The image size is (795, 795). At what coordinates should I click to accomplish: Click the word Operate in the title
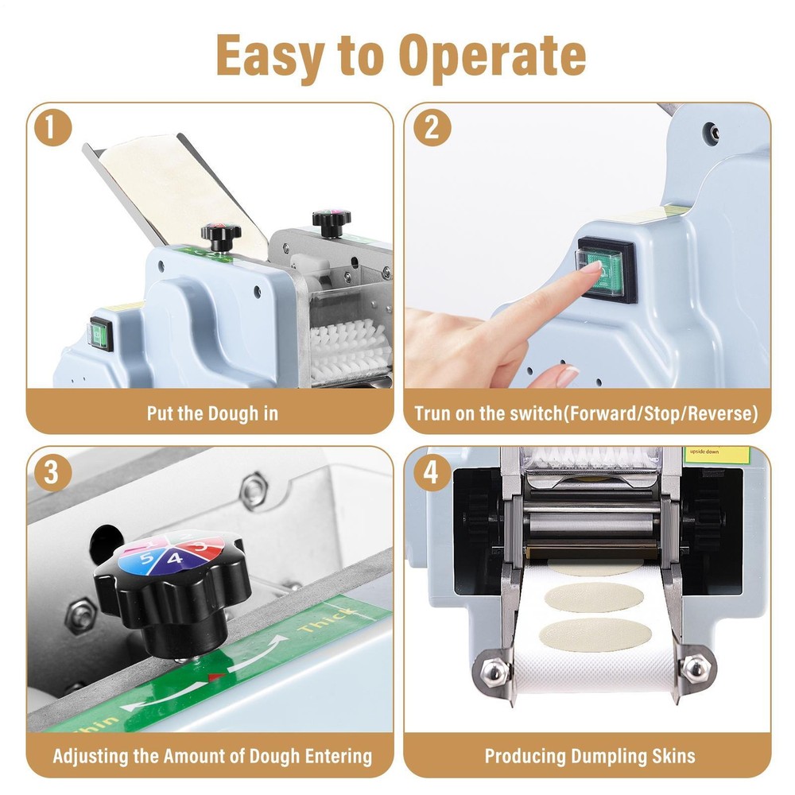pos(492,55)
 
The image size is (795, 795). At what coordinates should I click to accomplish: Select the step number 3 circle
pos(52,472)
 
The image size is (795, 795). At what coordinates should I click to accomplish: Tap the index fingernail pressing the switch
pos(589,269)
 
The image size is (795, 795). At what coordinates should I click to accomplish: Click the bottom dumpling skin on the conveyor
pos(595,633)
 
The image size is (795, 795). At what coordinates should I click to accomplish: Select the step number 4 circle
pos(430,472)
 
